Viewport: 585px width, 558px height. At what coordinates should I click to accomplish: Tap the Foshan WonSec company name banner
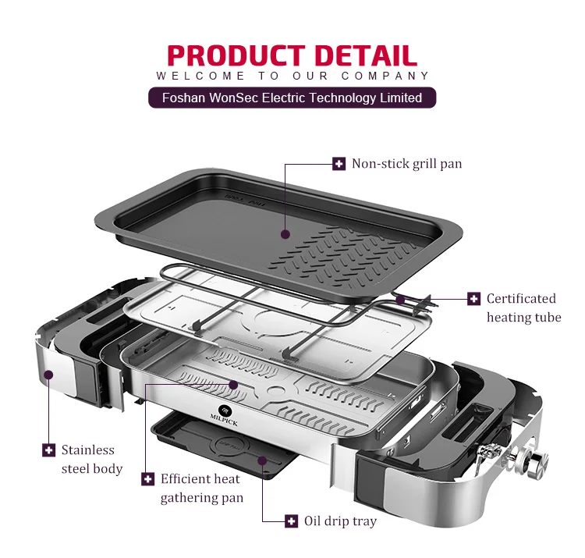(x=292, y=98)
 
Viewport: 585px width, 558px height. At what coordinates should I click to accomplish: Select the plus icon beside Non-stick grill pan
(x=339, y=163)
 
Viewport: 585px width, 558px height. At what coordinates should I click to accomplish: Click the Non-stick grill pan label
(x=406, y=163)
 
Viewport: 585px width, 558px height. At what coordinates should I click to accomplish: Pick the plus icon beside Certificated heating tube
(x=473, y=299)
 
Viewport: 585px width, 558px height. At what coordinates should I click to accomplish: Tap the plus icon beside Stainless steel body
(x=48, y=450)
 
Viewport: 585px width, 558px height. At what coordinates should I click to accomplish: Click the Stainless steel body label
(x=91, y=459)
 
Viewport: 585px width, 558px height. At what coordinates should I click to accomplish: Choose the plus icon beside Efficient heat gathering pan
(x=147, y=478)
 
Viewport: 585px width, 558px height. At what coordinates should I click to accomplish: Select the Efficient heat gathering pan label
(x=201, y=488)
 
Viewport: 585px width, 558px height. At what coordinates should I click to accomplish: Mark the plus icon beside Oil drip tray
(x=291, y=521)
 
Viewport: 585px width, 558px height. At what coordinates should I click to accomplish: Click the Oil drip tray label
(x=340, y=521)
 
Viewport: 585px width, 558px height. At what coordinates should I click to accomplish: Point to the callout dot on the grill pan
(x=285, y=233)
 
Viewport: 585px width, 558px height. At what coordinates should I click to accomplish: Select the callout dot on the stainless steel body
(x=48, y=375)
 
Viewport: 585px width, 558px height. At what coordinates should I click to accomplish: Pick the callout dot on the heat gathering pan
(x=235, y=385)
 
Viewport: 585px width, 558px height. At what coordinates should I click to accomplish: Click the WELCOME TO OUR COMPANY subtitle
(x=292, y=76)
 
